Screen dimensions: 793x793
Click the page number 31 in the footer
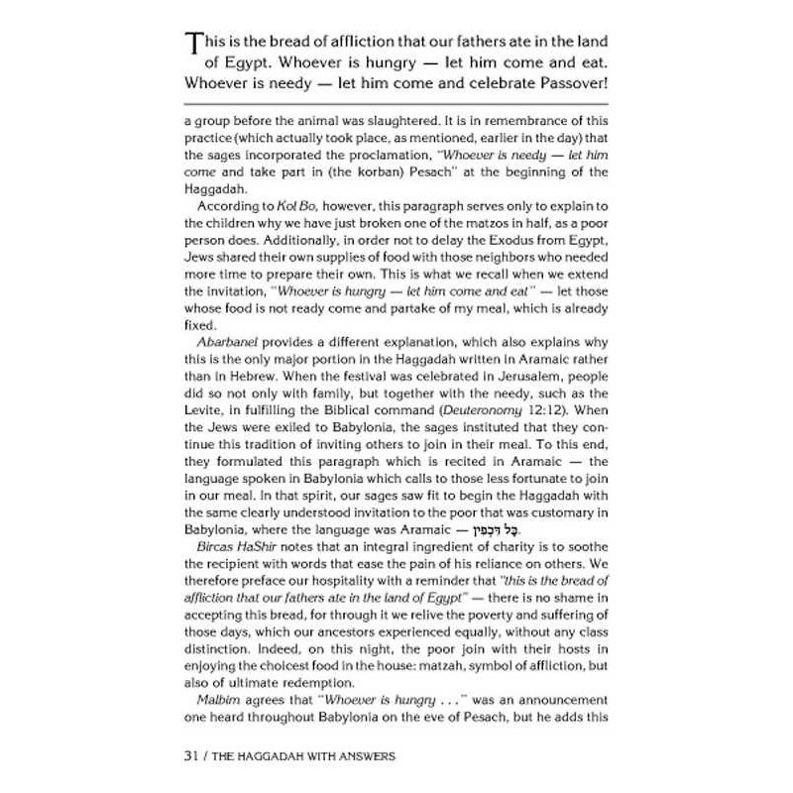(194, 756)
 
